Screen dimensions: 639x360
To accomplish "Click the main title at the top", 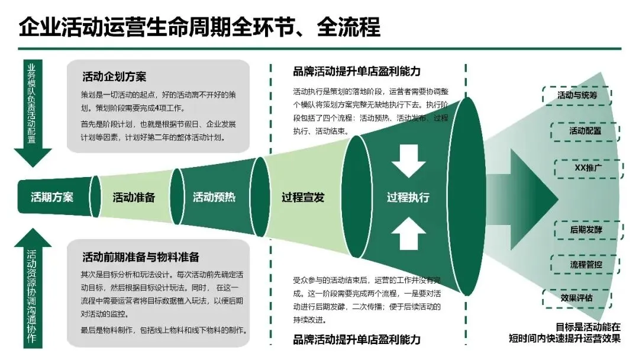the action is click(199, 27).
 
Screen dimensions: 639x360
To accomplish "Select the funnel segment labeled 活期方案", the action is click(52, 197).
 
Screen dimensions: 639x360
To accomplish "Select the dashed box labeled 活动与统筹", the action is click(577, 95).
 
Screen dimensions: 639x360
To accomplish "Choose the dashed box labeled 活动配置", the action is click(585, 131).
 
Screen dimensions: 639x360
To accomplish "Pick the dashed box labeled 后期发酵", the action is click(586, 229).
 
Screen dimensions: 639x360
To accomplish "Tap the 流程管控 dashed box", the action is click(586, 264).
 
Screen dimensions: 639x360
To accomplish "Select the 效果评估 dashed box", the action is click(576, 297).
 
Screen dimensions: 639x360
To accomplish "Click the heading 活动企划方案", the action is click(115, 77).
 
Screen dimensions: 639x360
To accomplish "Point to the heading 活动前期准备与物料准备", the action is click(141, 256).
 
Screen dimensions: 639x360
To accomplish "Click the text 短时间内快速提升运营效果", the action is click(564, 339).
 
